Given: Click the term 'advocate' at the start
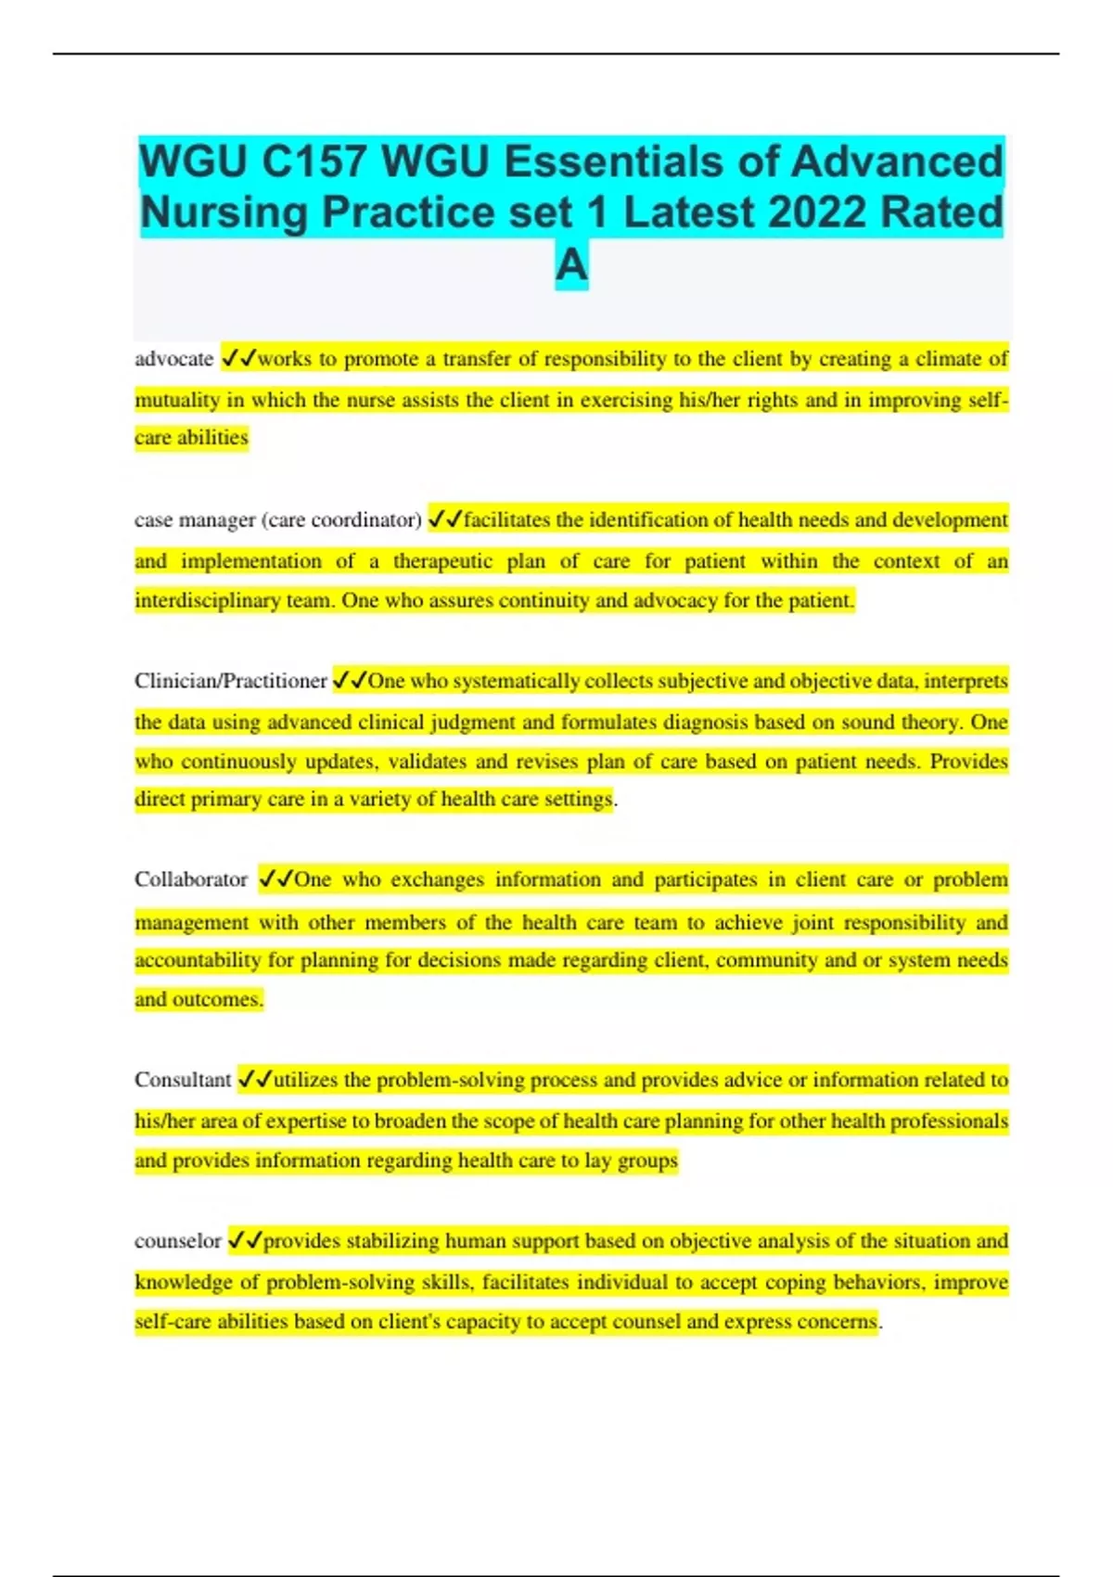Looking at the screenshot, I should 173,359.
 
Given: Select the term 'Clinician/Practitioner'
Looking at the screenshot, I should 230,681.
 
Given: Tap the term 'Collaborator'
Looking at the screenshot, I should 191,879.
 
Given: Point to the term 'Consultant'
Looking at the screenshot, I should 183,1080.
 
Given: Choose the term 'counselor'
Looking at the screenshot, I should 178,1241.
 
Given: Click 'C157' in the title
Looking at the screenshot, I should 314,161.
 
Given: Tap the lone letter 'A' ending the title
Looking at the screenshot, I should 571,265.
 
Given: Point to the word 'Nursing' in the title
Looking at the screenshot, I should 224,212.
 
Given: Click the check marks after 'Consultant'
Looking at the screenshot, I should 254,1080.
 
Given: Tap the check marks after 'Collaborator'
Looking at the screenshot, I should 276,879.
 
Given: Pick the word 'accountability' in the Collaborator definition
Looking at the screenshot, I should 198,960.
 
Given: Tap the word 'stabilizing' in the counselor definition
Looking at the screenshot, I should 392,1241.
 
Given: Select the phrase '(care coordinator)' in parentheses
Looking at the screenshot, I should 342,520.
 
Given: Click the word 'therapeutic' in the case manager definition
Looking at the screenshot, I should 442,561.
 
